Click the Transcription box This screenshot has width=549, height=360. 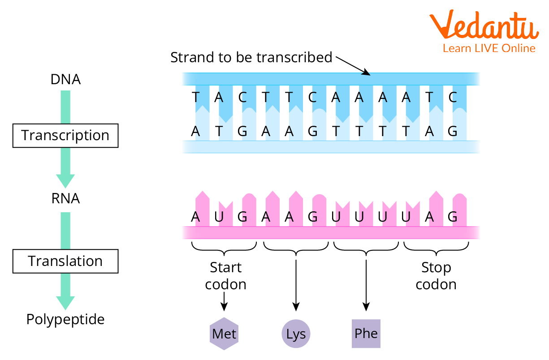coord(65,136)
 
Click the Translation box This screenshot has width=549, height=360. coord(65,261)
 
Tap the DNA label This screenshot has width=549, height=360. coord(65,80)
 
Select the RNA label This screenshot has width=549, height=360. coord(65,198)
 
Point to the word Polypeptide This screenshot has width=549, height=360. coord(65,320)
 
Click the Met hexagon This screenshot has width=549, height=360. coord(224,334)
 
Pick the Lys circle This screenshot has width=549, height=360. coord(296,334)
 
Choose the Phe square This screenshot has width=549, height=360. coord(366,334)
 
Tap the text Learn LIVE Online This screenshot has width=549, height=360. coord(489,48)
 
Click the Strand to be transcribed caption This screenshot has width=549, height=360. coord(251,57)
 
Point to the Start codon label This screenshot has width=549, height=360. coord(225,276)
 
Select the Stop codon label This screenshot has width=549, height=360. coord(436,276)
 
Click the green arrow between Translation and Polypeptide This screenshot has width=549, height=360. coord(65,291)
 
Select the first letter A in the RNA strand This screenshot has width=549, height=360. coord(195,217)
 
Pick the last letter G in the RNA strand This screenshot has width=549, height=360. coord(453,217)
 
